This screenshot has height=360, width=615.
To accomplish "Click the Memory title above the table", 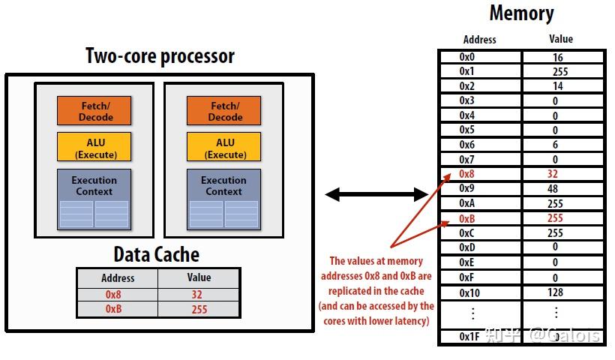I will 521,13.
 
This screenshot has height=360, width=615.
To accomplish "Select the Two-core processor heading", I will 160,56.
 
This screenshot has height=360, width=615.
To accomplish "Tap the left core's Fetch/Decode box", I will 94,112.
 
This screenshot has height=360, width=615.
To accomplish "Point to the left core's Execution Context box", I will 94,199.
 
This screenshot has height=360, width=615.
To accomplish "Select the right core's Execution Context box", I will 223,199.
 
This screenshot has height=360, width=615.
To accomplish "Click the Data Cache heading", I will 156,254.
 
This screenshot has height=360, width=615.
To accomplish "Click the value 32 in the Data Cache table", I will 198,295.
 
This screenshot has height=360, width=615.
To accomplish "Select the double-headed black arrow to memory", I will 376,195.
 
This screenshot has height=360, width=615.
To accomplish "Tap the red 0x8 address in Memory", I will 467,174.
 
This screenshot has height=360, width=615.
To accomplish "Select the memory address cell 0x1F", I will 469,337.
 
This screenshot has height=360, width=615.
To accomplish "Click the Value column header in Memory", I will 560,39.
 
